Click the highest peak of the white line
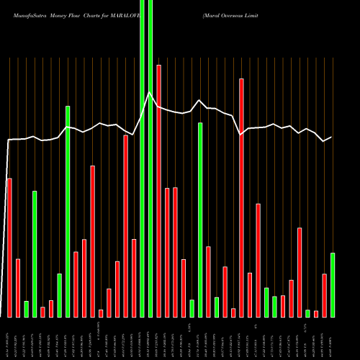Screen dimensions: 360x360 point(150,92)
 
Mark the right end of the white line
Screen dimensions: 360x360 point(332,138)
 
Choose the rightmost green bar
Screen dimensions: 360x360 point(332,284)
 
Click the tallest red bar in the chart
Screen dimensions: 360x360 point(158,191)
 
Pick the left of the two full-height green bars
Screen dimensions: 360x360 point(142,158)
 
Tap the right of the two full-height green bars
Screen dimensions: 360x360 point(150,158)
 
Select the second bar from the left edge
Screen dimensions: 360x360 point(17,287)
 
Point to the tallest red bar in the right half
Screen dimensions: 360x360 point(241,197)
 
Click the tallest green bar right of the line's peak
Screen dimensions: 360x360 point(200,220)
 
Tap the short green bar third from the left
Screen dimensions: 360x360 point(26,309)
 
